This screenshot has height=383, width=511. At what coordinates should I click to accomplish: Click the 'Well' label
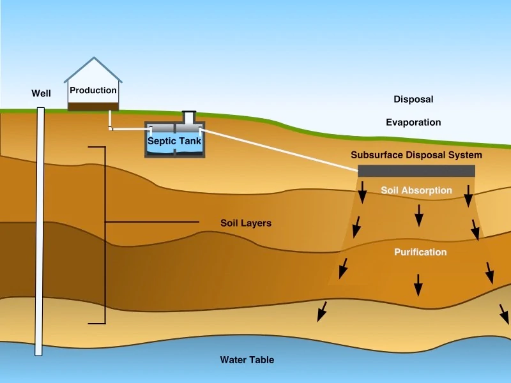coord(41,93)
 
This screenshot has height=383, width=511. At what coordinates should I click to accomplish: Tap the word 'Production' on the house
coord(93,90)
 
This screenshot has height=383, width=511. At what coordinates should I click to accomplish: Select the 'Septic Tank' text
coord(174,141)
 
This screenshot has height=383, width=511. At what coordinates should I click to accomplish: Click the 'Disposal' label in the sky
coord(413,100)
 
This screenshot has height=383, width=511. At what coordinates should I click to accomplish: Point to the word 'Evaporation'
coord(413,123)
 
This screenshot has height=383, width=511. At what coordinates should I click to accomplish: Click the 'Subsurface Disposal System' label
coord(416,155)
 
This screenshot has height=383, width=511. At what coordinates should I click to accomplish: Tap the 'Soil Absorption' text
coord(416,190)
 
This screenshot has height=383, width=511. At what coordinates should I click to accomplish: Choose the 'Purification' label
coord(420,252)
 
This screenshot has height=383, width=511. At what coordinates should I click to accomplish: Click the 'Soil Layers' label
coord(246,223)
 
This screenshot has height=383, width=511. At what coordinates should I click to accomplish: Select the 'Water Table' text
coord(247,360)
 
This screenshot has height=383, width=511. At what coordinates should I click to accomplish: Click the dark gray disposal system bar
coord(416,171)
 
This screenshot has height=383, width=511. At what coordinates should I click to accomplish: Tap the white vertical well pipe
coord(40,231)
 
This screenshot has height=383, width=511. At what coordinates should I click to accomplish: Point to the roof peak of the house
coord(94,57)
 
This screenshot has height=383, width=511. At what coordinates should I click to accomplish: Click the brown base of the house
coord(93,107)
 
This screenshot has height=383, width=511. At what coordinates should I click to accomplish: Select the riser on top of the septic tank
coord(189,117)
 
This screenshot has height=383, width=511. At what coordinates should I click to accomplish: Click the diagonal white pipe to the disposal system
coord(279,150)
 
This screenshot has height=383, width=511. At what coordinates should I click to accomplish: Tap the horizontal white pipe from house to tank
coord(131,130)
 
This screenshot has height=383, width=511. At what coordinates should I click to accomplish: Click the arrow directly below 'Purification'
coord(418,285)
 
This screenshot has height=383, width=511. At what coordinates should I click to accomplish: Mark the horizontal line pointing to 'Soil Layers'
coord(152,222)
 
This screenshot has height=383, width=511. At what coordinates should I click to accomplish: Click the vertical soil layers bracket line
coord(105,235)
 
